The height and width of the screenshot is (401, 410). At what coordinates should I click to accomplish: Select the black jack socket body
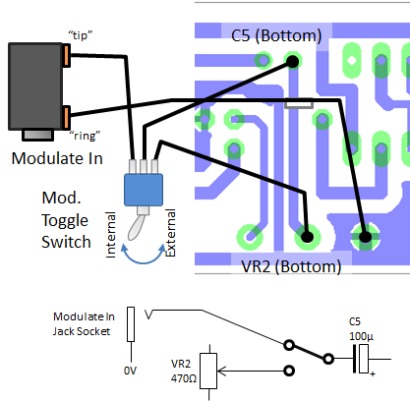click(x=34, y=86)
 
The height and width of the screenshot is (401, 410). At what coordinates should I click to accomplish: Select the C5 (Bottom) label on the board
click(x=275, y=36)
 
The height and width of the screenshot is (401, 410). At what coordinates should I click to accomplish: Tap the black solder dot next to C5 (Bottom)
click(x=293, y=62)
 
